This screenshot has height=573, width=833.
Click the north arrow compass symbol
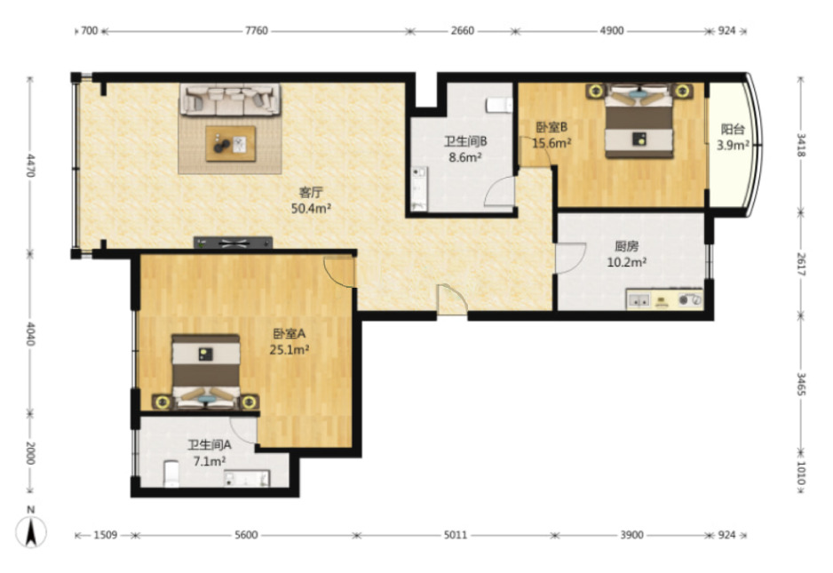coord(31,530)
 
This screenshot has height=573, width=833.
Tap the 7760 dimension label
coord(256,31)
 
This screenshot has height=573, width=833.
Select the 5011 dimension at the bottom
coord(456,535)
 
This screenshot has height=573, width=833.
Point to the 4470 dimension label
coord(31,165)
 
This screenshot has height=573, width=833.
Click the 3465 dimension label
coord(801,384)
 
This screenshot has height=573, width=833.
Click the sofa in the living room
coord(230,99)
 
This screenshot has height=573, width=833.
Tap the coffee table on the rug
coord(231,144)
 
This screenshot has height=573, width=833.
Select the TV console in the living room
coord(233,243)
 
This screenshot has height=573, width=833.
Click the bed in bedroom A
coord(206,371)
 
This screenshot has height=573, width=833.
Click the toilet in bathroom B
coord(498,105)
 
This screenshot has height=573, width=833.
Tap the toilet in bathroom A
coord(171,474)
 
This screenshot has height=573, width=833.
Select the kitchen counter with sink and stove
coord(664,299)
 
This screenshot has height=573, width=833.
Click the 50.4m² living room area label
coord(311,209)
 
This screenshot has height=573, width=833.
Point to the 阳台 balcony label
coord(733,129)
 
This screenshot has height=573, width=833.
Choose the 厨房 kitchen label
coord(626,246)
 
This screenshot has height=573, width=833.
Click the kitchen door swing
coord(570,259)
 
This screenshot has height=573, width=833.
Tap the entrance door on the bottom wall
coord(452,300)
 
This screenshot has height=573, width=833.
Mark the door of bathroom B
coord(500,191)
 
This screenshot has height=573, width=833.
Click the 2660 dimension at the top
coord(462,31)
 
